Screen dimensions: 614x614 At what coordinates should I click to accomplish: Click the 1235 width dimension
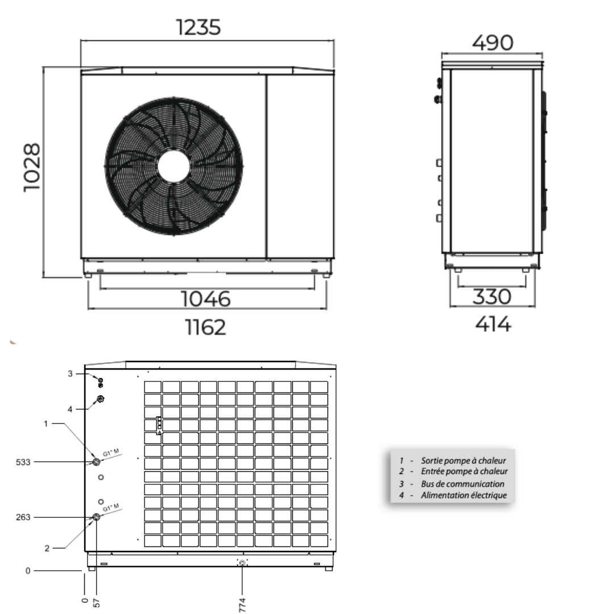[198, 27]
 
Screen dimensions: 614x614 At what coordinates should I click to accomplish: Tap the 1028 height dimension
[32, 167]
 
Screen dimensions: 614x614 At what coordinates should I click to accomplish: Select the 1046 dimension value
[206, 298]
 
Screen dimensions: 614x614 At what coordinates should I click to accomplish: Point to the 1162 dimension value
[205, 327]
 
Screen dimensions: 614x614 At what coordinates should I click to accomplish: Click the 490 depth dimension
[492, 43]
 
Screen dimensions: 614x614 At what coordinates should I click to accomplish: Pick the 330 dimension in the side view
[492, 296]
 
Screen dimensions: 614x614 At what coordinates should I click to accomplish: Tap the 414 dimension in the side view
[492, 324]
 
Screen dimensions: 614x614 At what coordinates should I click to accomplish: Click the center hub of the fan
[174, 167]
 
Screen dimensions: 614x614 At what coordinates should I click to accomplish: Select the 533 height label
[23, 462]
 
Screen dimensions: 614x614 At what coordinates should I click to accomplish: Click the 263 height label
[23, 517]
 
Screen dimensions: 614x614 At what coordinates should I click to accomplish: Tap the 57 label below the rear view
[97, 602]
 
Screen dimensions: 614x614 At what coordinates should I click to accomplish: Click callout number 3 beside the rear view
[70, 374]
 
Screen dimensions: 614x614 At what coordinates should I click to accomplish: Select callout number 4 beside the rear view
[70, 409]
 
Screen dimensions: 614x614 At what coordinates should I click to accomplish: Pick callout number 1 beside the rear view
[46, 424]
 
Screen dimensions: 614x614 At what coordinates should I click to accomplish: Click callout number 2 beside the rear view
[47, 548]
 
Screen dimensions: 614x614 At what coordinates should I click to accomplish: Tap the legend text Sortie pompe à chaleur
[463, 460]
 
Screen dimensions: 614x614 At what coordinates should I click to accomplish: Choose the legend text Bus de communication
[462, 484]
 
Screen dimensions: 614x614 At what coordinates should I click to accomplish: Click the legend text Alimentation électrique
[463, 495]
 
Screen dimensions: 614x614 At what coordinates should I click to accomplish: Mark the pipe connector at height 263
[97, 517]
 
